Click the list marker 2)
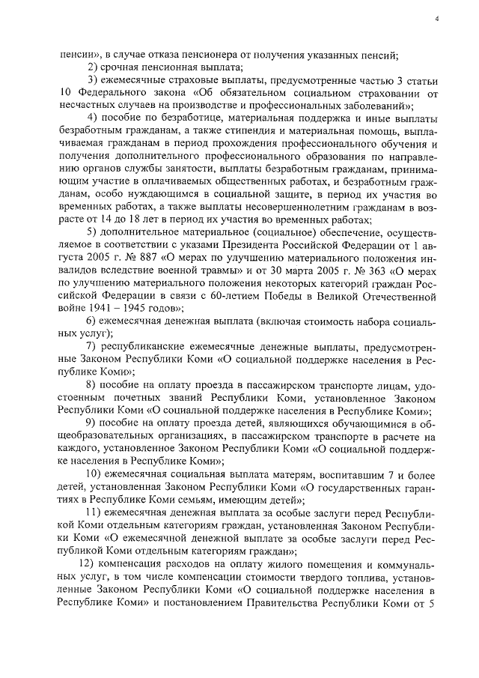pyautogui.click(x=92, y=67)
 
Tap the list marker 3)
pyautogui.click(x=92, y=80)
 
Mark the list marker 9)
pyautogui.click(x=92, y=426)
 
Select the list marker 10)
pyautogui.click(x=94, y=477)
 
